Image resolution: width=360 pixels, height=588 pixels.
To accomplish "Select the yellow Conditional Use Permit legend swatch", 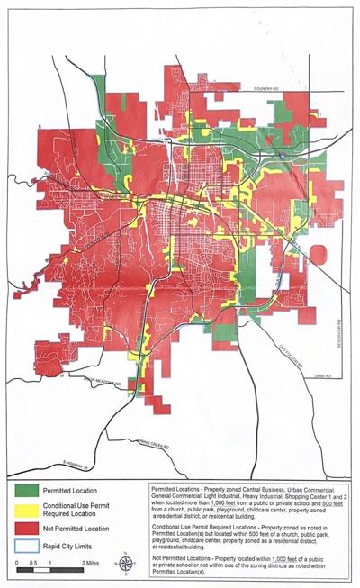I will (x=28, y=509).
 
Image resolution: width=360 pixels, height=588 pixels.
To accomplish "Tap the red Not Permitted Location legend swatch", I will (x=28, y=529).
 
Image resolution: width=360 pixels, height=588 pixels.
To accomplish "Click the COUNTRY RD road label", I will (x=268, y=89).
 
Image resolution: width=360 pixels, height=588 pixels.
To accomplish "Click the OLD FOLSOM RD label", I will (x=286, y=350).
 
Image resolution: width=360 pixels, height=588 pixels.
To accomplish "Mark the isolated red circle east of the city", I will (x=318, y=255).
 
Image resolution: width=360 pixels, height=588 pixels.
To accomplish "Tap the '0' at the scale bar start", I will (x=19, y=562).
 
